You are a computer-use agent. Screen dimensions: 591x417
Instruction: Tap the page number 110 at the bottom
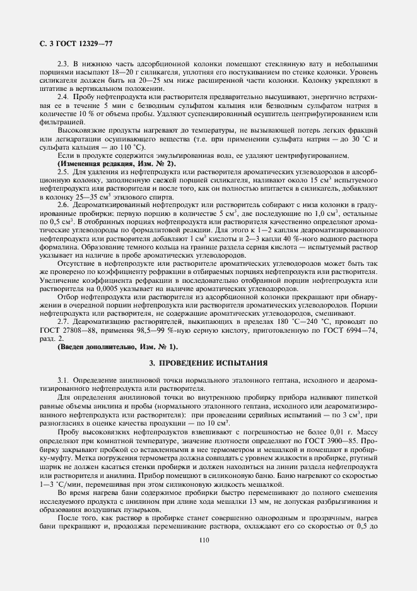tap(203, 539)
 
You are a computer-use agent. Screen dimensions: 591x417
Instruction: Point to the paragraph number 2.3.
tap(62, 63)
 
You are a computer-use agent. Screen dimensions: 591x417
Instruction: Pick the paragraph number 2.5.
tap(62, 171)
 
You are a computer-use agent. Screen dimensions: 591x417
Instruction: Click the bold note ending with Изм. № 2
tap(117, 163)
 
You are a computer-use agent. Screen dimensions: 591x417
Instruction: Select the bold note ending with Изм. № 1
tap(117, 347)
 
